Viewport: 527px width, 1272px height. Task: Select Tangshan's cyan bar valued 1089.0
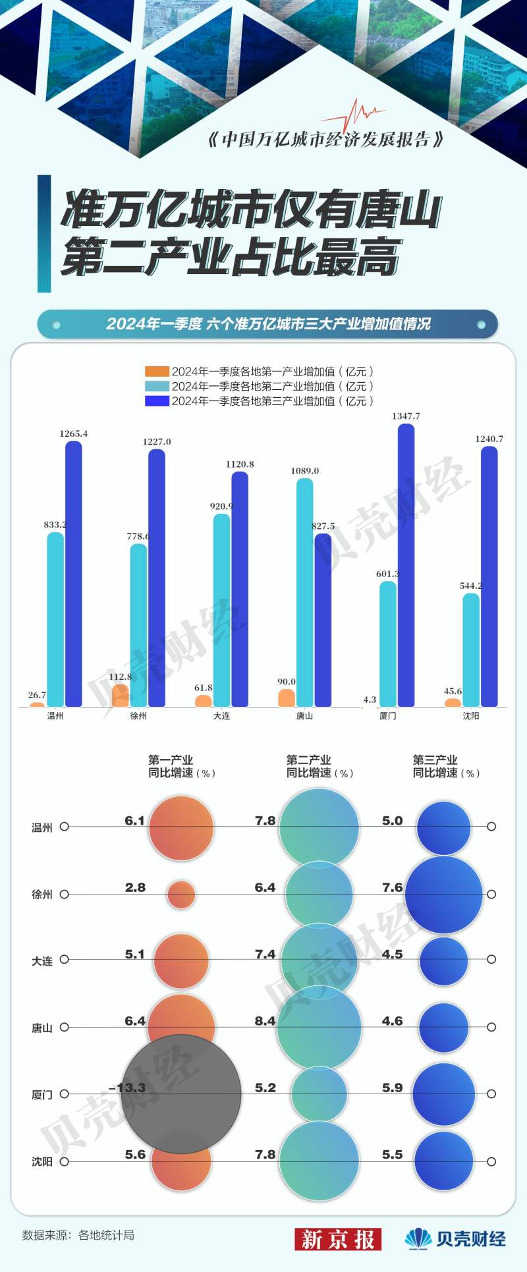point(305,593)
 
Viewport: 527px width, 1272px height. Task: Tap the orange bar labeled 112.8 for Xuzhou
point(121,696)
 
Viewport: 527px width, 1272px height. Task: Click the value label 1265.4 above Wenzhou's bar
point(73,434)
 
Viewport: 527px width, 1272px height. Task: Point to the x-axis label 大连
point(221,716)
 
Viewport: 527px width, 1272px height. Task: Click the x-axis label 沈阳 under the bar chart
point(471,716)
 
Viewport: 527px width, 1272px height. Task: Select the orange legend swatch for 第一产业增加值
point(157,372)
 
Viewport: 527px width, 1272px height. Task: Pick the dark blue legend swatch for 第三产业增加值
point(157,401)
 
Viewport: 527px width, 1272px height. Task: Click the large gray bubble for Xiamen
point(181,1093)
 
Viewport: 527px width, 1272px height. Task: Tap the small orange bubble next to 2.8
point(181,895)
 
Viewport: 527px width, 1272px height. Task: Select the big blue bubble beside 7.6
point(443,895)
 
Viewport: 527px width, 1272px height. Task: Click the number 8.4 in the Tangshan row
point(265,1021)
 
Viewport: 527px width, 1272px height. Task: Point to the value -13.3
point(126,1088)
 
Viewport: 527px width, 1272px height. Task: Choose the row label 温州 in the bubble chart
point(42,827)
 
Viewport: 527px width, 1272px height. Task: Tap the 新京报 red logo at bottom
point(337,1239)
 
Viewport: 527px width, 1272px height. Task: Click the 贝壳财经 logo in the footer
point(455,1239)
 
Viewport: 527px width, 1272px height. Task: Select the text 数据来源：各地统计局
point(78,1235)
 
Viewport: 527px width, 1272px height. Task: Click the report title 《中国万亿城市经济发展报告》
point(325,140)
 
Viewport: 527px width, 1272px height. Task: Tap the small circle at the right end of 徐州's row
point(491,895)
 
